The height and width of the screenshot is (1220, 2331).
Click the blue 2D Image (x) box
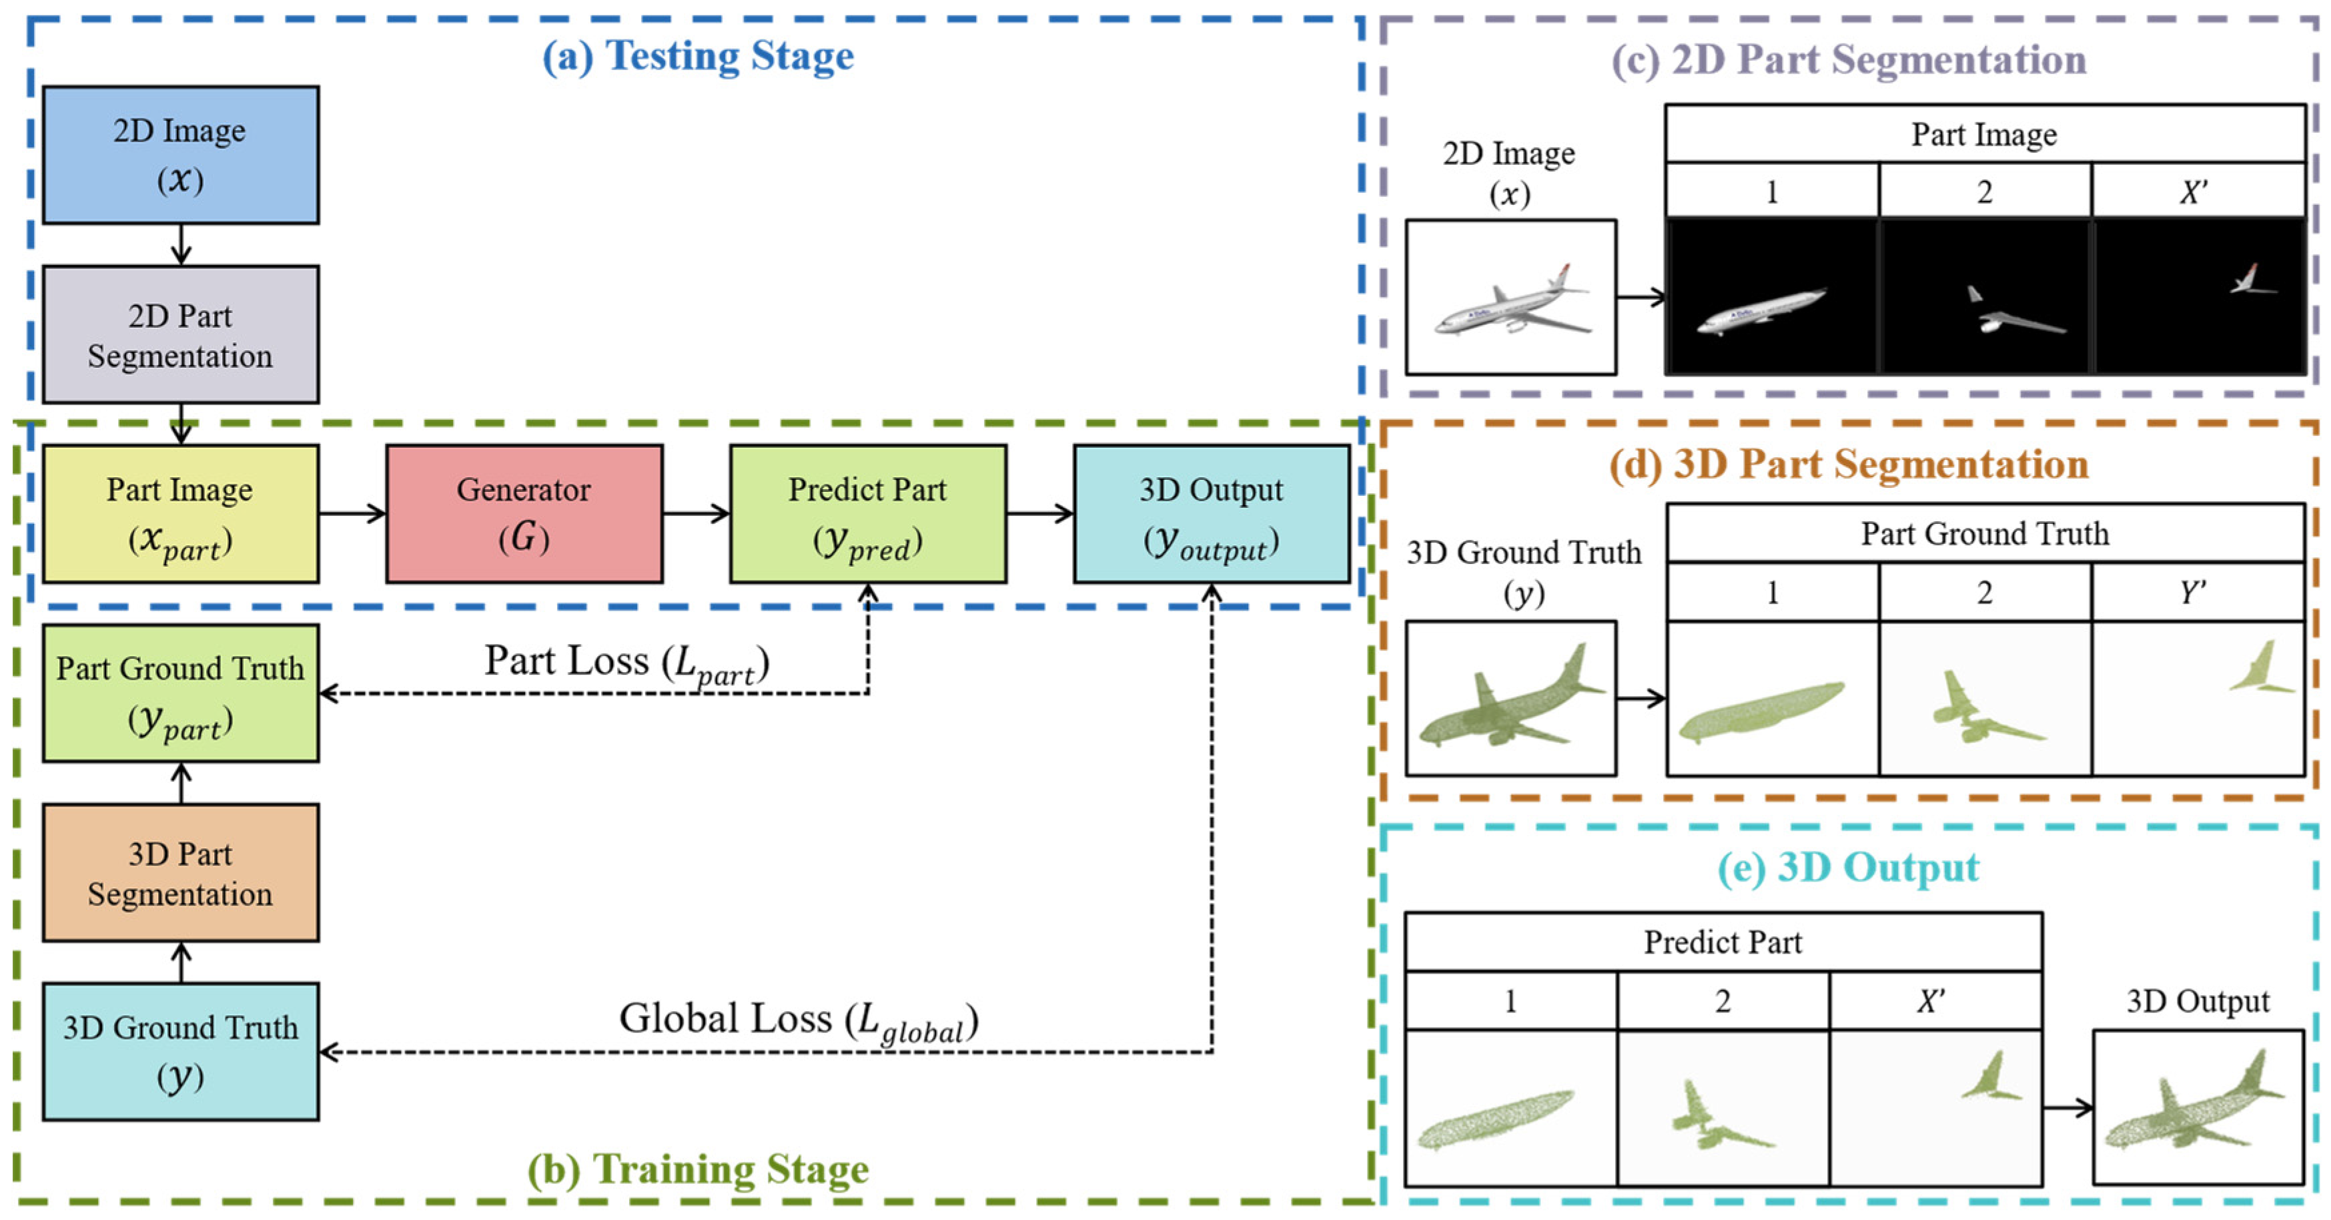[x=180, y=155]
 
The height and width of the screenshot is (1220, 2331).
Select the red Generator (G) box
[x=524, y=513]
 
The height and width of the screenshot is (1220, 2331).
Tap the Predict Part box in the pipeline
[x=868, y=513]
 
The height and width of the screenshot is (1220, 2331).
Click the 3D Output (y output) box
[x=1211, y=513]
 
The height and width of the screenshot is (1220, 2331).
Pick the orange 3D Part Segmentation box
[x=180, y=872]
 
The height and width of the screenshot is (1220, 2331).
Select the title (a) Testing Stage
[x=696, y=56]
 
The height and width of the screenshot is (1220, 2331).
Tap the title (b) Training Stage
[x=696, y=1169]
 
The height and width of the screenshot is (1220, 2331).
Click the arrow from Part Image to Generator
[x=352, y=514]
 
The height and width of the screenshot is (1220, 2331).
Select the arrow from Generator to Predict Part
[x=696, y=514]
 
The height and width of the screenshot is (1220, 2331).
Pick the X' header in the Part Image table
[x=2197, y=192]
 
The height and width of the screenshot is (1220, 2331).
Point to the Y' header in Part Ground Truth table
[x=2197, y=593]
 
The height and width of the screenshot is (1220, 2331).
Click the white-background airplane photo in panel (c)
[x=1510, y=297]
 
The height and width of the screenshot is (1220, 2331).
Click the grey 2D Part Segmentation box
[x=180, y=335]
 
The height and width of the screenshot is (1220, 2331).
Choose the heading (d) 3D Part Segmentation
[x=1848, y=465]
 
